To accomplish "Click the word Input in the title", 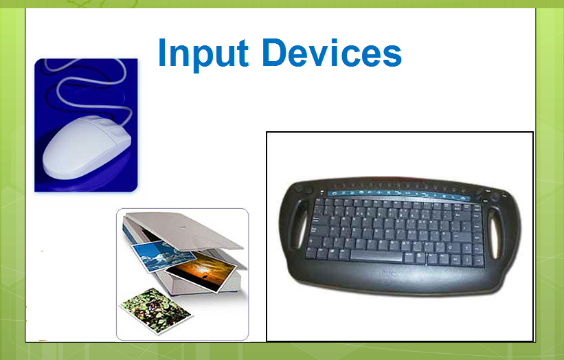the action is point(203,54).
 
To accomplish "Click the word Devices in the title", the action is point(332,53).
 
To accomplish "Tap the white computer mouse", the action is point(87,147).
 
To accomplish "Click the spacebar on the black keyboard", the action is point(376,256).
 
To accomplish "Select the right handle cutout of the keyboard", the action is point(495,233).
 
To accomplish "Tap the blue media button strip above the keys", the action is point(398,194).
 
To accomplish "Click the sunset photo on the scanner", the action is point(201,271).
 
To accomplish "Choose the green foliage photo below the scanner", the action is point(156,311).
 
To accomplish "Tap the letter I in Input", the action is point(162,52).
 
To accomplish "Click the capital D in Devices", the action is point(275,52).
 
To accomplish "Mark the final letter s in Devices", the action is point(392,56).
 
